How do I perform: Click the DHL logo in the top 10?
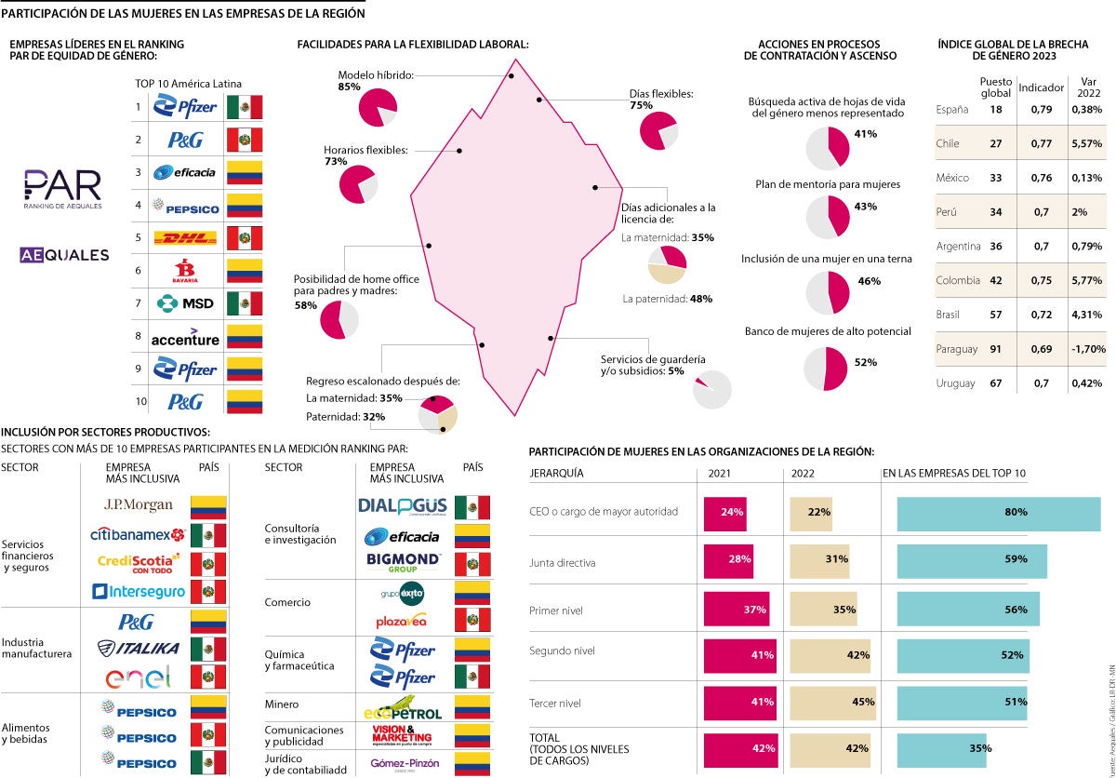click(184, 238)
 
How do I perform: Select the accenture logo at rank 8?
click(184, 336)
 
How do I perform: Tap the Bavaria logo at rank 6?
click(184, 271)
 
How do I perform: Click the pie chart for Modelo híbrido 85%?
click(378, 107)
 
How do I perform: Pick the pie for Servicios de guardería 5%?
click(711, 389)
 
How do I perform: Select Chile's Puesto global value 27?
click(996, 144)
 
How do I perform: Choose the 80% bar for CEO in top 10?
click(998, 512)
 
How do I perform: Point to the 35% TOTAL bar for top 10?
click(943, 748)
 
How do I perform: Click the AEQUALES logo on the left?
click(64, 255)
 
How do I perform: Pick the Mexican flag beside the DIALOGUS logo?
click(472, 507)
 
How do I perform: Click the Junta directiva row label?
click(563, 562)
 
